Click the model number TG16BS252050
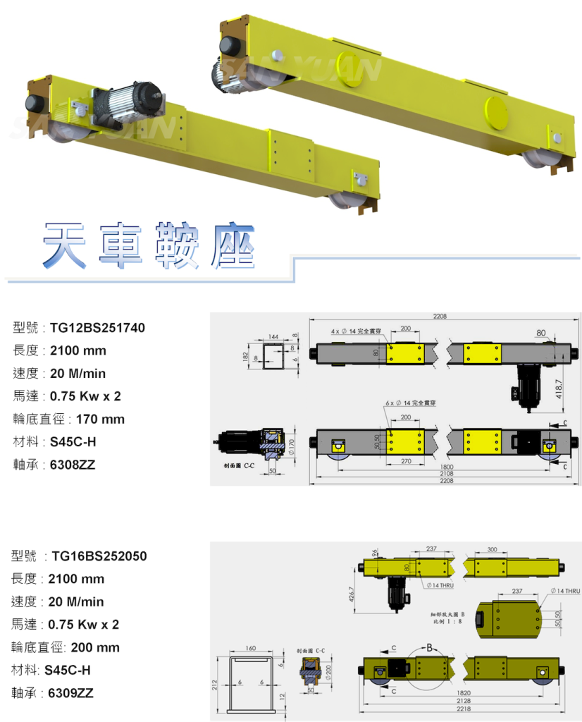pyautogui.click(x=99, y=556)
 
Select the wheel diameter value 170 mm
pyautogui.click(x=100, y=420)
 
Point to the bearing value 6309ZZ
pyautogui.click(x=70, y=694)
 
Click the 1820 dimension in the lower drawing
pyautogui.click(x=463, y=692)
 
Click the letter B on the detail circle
pyautogui.click(x=427, y=646)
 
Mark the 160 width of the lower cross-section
pyautogui.click(x=250, y=648)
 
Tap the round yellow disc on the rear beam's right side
pyautogui.click(x=497, y=113)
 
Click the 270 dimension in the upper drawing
pyautogui.click(x=407, y=460)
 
